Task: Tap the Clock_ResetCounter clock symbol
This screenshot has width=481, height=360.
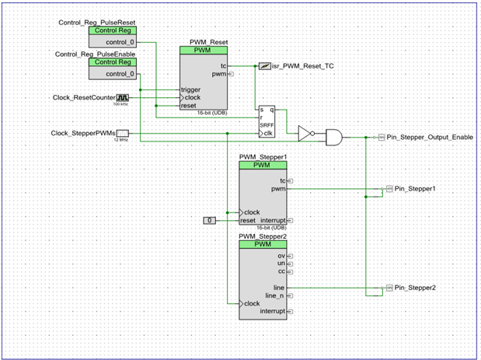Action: (x=122, y=98)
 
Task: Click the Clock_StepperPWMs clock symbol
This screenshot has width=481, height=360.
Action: (x=122, y=134)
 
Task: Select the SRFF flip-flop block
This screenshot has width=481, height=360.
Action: (x=267, y=121)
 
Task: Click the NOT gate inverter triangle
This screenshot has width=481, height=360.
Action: (x=305, y=134)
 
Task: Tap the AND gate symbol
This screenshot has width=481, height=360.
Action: (x=333, y=137)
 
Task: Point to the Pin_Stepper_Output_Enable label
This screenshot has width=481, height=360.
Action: (x=429, y=137)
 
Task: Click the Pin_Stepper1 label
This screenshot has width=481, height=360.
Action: (x=415, y=189)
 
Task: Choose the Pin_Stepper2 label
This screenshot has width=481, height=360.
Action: (x=415, y=288)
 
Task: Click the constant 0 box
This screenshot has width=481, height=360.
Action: (x=210, y=221)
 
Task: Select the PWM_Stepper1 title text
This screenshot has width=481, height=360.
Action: (x=263, y=157)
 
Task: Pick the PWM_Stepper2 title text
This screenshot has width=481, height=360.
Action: (x=263, y=236)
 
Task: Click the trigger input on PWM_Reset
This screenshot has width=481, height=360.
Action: (x=191, y=89)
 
